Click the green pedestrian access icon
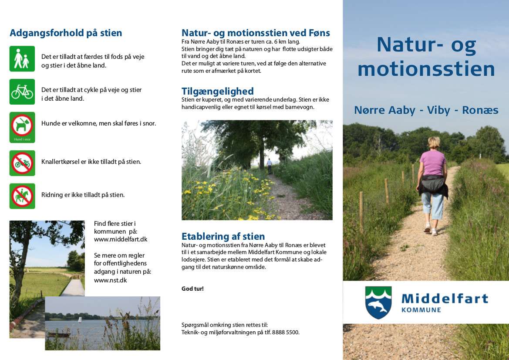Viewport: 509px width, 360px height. pos(22,58)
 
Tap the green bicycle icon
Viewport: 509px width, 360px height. pos(22,92)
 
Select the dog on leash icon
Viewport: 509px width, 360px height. pos(22,127)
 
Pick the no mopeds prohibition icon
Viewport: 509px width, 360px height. pos(22,163)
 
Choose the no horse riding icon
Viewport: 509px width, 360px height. pos(22,196)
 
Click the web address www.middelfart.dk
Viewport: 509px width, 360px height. pos(121,239)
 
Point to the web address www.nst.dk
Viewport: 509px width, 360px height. pos(110,280)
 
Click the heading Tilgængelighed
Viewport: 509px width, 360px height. pos(218,91)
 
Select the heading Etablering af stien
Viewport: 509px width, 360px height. pos(223,236)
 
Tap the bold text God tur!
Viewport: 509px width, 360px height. pos(192,289)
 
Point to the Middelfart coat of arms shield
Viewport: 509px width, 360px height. pos(378,302)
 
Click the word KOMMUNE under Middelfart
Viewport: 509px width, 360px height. pos(421,310)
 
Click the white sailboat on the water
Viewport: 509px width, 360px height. pos(80,320)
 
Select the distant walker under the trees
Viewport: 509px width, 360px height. pos(270,166)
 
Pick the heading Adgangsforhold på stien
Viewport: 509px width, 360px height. pos(66,33)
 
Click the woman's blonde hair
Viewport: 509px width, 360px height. pos(434,143)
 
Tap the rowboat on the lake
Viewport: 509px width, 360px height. pos(59,334)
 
